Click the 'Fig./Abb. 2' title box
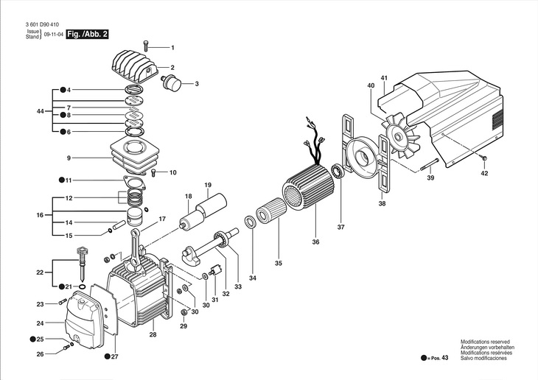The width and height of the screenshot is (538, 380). point(87,34)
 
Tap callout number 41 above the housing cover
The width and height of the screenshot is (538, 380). point(384,78)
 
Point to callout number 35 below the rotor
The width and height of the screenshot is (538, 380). point(279,262)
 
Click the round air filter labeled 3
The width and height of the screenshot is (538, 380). point(173,80)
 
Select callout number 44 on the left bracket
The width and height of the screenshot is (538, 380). point(40,111)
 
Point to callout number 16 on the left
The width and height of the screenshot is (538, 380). point(40,215)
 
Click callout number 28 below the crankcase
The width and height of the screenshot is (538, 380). point(153,334)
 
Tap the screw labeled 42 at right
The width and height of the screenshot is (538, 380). point(483,159)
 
